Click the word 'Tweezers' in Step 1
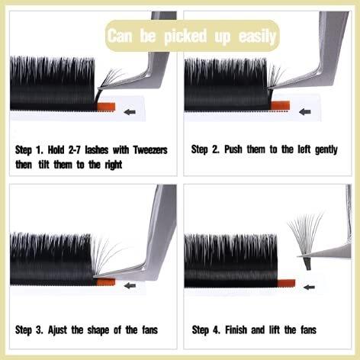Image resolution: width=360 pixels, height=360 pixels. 150,150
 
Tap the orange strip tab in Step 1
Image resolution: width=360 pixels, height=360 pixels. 106,106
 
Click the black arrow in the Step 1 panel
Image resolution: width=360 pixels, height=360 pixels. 130,111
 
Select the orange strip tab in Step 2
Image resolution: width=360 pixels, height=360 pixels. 281,105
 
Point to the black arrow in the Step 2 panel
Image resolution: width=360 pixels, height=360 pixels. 305,111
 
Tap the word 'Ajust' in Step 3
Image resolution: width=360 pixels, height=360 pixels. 57,330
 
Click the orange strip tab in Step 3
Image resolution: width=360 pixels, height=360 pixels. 106,281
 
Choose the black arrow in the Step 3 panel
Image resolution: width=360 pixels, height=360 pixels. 130,285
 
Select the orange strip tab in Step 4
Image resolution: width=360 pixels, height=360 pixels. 286,283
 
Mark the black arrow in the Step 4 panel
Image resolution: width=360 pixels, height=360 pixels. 309,287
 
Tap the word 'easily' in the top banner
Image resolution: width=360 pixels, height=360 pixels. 257,37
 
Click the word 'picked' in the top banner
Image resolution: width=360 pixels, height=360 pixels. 185,37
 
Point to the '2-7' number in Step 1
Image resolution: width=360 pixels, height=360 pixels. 75,150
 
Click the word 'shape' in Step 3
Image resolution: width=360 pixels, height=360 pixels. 98,330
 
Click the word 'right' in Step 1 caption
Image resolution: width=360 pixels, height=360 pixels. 114,166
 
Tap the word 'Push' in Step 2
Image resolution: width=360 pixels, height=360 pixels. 233,149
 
